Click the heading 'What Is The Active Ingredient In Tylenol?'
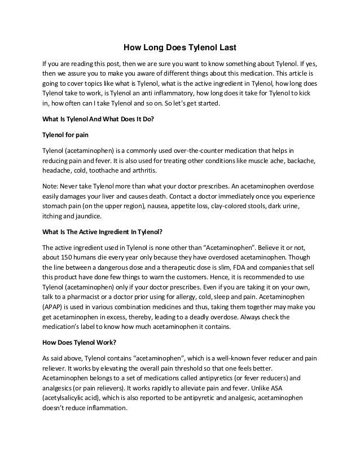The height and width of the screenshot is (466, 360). (x=106, y=231)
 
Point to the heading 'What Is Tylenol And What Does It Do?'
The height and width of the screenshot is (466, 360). (x=98, y=120)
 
